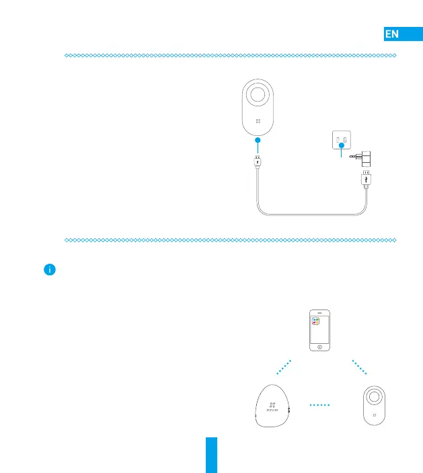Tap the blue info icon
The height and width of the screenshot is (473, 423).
tap(48, 270)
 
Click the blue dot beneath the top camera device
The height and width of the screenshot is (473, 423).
tap(258, 139)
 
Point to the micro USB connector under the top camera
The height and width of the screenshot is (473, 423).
tap(258, 162)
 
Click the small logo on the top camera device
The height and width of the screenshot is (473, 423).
tap(258, 122)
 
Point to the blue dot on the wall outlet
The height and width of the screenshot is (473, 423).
tap(342, 145)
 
